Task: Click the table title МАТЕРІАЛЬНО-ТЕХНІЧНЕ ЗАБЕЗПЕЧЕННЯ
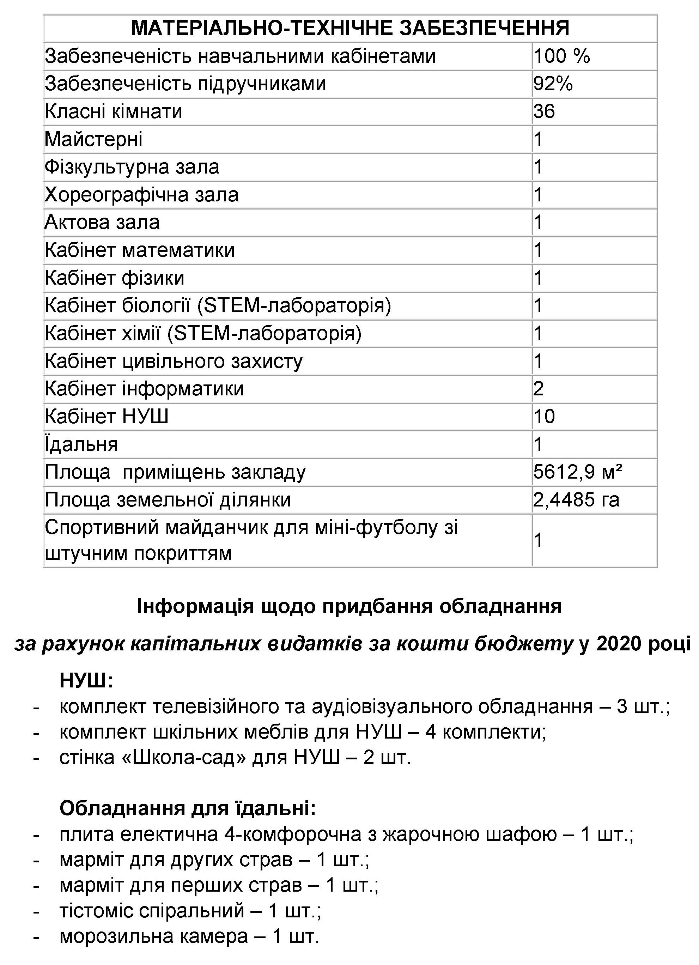(x=350, y=28)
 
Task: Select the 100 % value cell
(x=561, y=56)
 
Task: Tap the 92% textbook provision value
(x=553, y=84)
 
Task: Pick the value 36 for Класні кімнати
(x=544, y=111)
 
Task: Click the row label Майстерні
(x=93, y=139)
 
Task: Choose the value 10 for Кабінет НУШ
(x=544, y=417)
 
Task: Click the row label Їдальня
(x=81, y=444)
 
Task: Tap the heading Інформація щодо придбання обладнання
(x=349, y=607)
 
